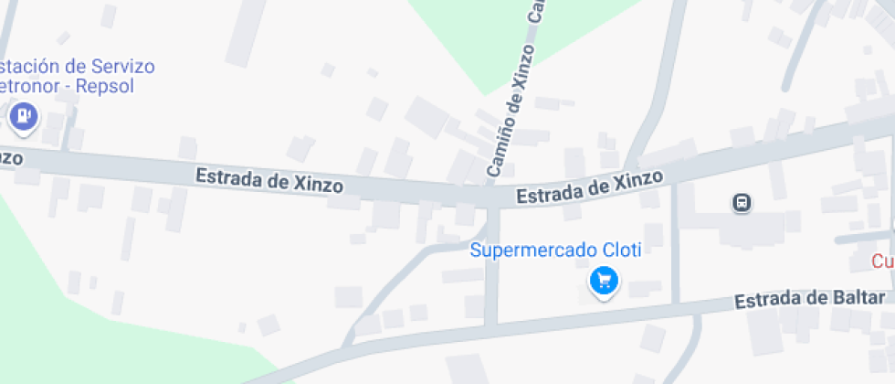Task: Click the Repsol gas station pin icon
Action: pos(22,116)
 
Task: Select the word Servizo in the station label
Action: pos(121,67)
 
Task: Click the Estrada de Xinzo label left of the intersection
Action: pos(269,179)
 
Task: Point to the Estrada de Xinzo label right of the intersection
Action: pos(589,186)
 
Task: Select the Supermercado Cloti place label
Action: pos(555,250)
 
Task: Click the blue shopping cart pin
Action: pos(603,281)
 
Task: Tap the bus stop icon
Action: pos(742,203)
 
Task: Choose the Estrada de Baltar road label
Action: pos(810,300)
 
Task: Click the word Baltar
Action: pos(858,298)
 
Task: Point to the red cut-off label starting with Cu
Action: pos(882,261)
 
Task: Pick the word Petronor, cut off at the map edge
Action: pos(27,88)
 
